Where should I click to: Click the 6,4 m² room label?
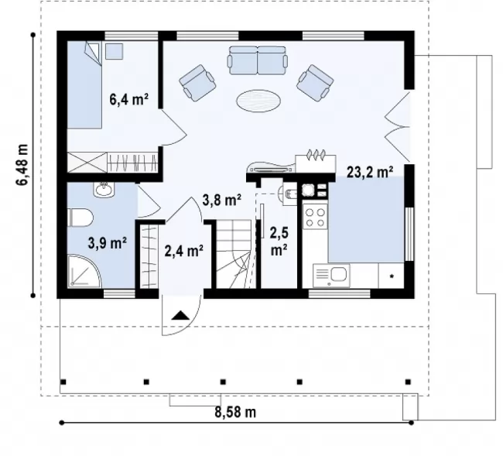[x=128, y=99]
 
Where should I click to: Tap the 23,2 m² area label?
[x=370, y=172]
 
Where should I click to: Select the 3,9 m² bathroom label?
[x=107, y=243]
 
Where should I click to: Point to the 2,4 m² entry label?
[x=183, y=251]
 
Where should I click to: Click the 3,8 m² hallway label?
[x=221, y=200]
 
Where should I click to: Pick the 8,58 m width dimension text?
[x=235, y=412]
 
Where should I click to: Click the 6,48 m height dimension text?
[x=22, y=165]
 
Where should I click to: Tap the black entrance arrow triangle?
[x=180, y=315]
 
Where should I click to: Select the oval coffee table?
[x=258, y=101]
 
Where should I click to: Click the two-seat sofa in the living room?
[x=257, y=60]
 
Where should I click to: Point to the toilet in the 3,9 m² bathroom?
[x=80, y=218]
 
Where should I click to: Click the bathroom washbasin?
[x=104, y=190]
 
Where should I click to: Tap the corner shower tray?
[x=84, y=271]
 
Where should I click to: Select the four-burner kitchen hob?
[x=315, y=218]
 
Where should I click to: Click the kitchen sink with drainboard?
[x=331, y=275]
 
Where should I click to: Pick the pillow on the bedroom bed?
[x=93, y=53]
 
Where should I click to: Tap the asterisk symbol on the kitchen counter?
[x=392, y=276]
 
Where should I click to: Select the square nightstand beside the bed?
[x=115, y=51]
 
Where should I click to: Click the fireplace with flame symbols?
[x=316, y=163]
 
